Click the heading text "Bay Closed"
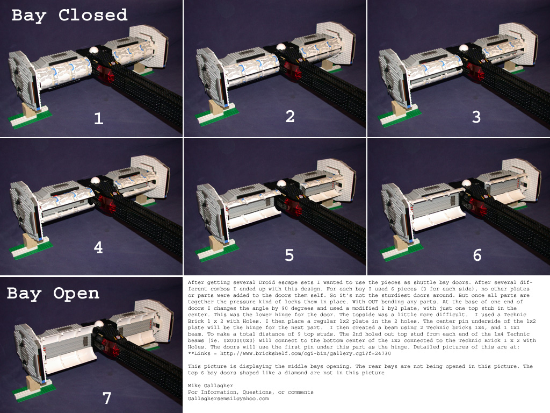(69, 16)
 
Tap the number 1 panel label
(99, 119)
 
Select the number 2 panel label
(290, 116)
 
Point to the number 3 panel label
(476, 117)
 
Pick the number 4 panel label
(98, 247)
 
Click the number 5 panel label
(290, 255)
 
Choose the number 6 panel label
(477, 255)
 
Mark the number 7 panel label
(107, 398)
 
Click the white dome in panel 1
(95, 51)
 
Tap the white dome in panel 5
(281, 183)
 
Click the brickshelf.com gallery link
(305, 353)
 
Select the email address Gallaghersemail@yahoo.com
(228, 398)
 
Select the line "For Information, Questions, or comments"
(250, 392)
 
